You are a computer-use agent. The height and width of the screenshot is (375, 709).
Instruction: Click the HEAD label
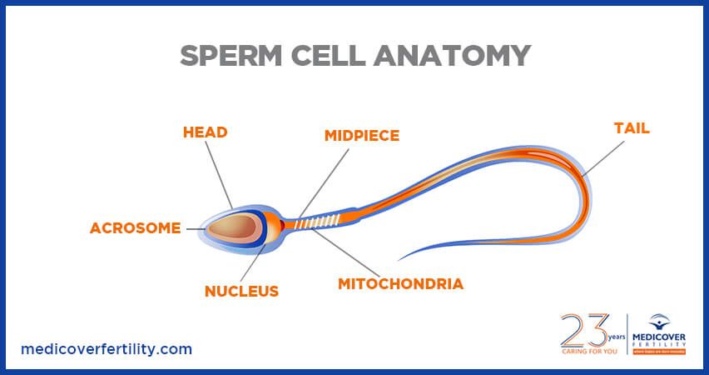205,132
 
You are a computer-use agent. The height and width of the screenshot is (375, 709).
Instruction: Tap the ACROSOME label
135,228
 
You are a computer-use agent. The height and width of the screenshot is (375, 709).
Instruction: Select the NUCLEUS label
241,292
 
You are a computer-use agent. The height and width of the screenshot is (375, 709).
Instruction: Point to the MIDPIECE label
361,135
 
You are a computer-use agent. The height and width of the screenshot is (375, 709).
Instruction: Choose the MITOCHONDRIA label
400,283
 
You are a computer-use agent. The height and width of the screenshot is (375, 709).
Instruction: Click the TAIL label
632,128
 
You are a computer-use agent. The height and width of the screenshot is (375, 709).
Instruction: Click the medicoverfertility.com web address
106,349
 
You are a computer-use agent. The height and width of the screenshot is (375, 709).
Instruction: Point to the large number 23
583,331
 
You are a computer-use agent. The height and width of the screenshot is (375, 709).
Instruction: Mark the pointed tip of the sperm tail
400,259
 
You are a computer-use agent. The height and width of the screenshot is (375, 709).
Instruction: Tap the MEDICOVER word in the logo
662,337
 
